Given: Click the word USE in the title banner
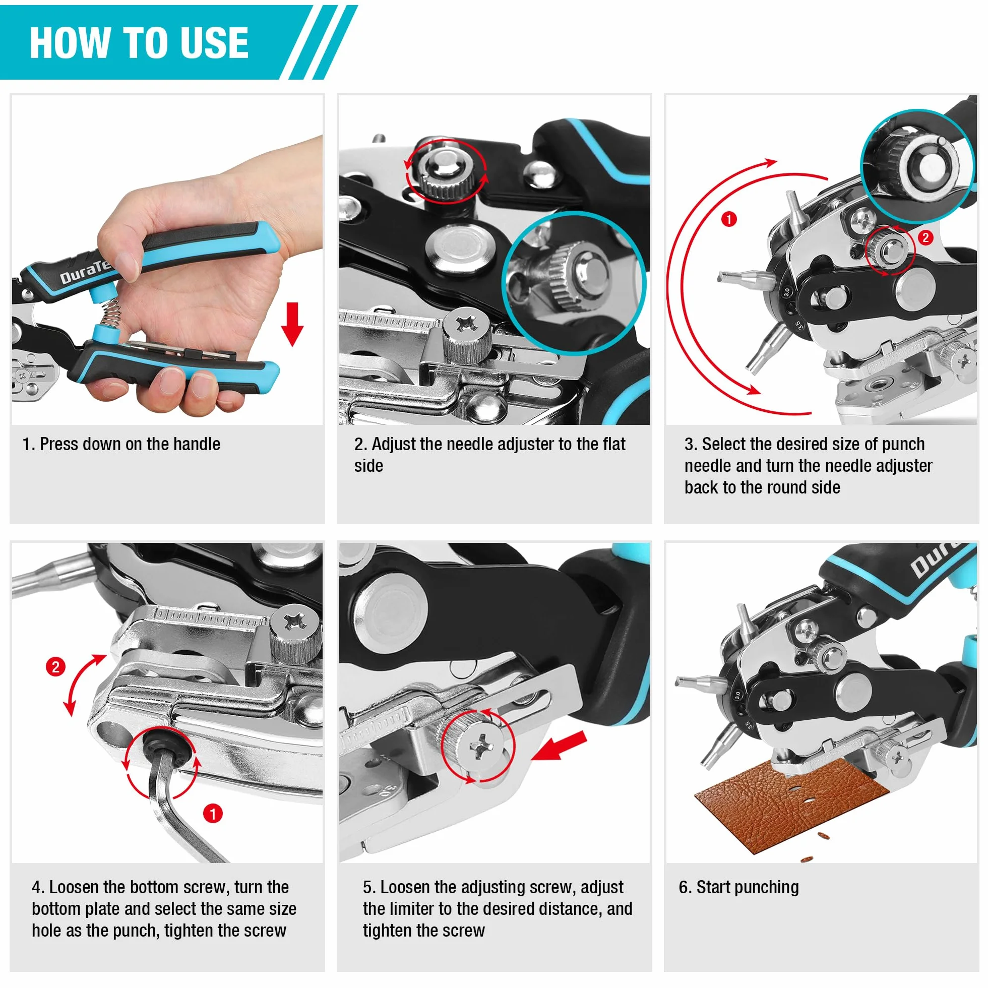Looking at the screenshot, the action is tap(210, 42).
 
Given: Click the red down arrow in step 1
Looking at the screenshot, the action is tap(292, 324).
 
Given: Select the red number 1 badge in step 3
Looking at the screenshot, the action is tap(729, 219).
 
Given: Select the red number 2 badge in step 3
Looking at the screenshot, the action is tap(925, 237).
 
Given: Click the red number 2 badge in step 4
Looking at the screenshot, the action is tap(55, 667).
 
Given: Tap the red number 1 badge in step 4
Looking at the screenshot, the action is tap(213, 814).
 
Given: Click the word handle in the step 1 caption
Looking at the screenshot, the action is tap(197, 444).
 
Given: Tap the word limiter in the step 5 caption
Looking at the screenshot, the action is tap(413, 909).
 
